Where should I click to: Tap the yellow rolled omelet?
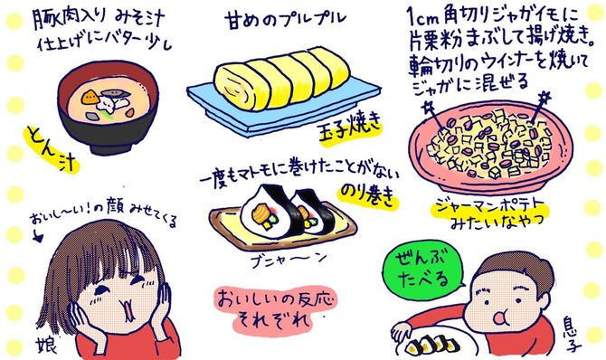(x=271, y=79)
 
